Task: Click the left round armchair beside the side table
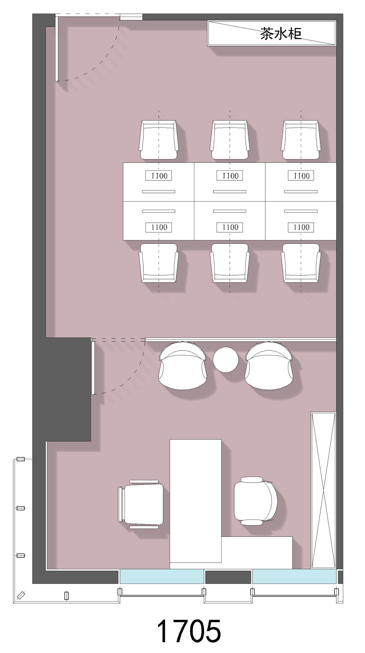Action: click(x=182, y=366)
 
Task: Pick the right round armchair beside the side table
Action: click(x=269, y=366)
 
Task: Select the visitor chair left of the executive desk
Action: click(x=141, y=504)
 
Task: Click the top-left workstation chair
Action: click(x=158, y=140)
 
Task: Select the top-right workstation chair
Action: click(x=301, y=140)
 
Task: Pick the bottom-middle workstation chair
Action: click(x=230, y=263)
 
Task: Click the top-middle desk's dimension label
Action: click(x=230, y=175)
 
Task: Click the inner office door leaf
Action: click(x=93, y=368)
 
